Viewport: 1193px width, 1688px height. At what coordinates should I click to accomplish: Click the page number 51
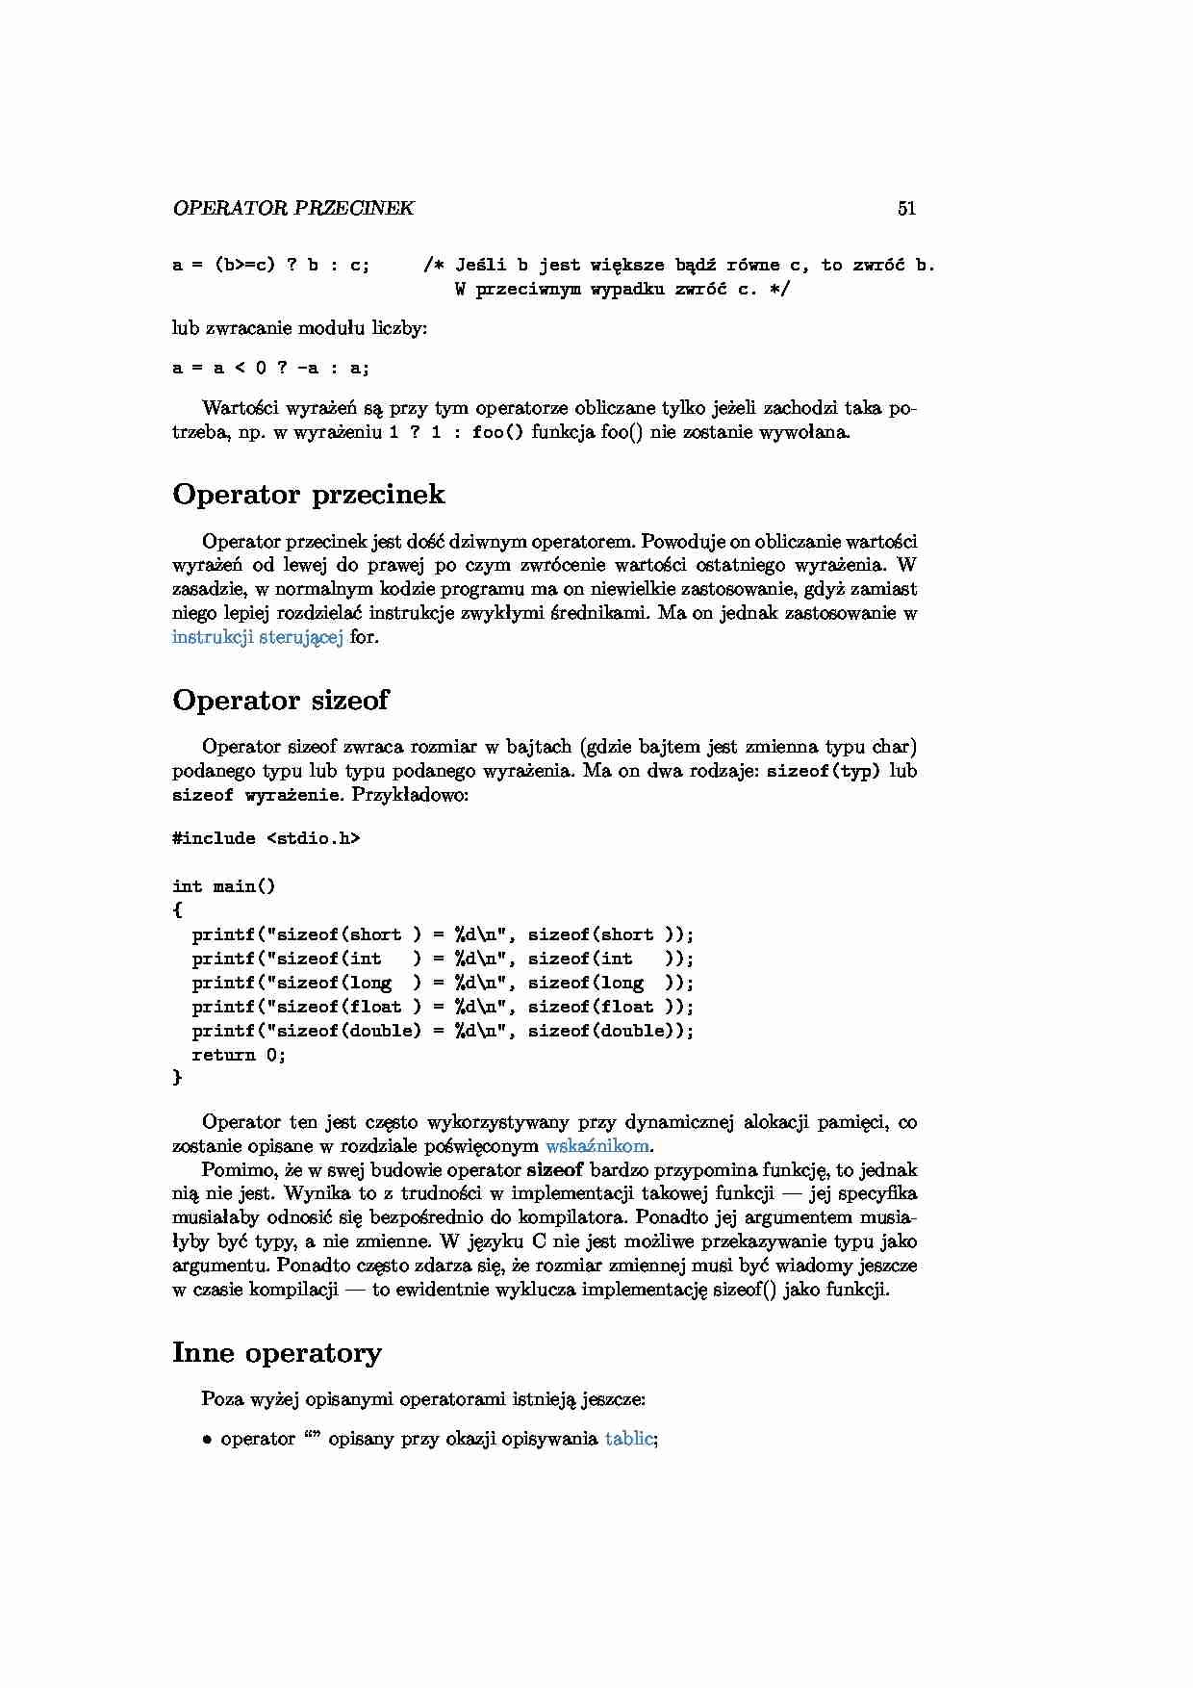click(906, 208)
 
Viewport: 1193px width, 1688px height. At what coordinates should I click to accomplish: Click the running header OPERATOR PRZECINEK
click(293, 208)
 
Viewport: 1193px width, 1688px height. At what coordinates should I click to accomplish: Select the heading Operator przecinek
click(309, 494)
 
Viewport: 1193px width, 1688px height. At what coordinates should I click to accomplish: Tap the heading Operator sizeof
click(280, 700)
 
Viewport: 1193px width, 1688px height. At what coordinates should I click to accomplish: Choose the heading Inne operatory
click(277, 1352)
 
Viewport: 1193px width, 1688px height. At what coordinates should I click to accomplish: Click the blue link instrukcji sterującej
click(257, 636)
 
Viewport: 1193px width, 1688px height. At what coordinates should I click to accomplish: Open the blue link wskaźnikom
click(597, 1145)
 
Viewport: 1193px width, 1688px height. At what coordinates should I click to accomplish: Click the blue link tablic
click(629, 1439)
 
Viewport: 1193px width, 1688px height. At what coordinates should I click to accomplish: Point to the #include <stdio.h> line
click(266, 838)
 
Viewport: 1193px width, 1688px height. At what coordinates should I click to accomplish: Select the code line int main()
click(223, 886)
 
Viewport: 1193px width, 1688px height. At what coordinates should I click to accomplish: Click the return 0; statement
click(239, 1055)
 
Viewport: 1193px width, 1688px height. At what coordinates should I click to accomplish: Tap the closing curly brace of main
click(177, 1078)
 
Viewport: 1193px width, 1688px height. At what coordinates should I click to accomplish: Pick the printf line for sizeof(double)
click(443, 1031)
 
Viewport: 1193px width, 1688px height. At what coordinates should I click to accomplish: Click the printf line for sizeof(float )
click(443, 1007)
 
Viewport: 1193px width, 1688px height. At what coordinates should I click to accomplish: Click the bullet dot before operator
click(207, 1440)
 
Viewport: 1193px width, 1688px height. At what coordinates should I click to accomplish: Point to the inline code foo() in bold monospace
click(497, 432)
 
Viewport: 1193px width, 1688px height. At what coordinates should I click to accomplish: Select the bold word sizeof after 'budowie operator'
click(555, 1170)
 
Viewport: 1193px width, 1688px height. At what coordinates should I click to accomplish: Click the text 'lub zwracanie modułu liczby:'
click(299, 328)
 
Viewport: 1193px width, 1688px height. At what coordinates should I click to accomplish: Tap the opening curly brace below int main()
click(177, 909)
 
